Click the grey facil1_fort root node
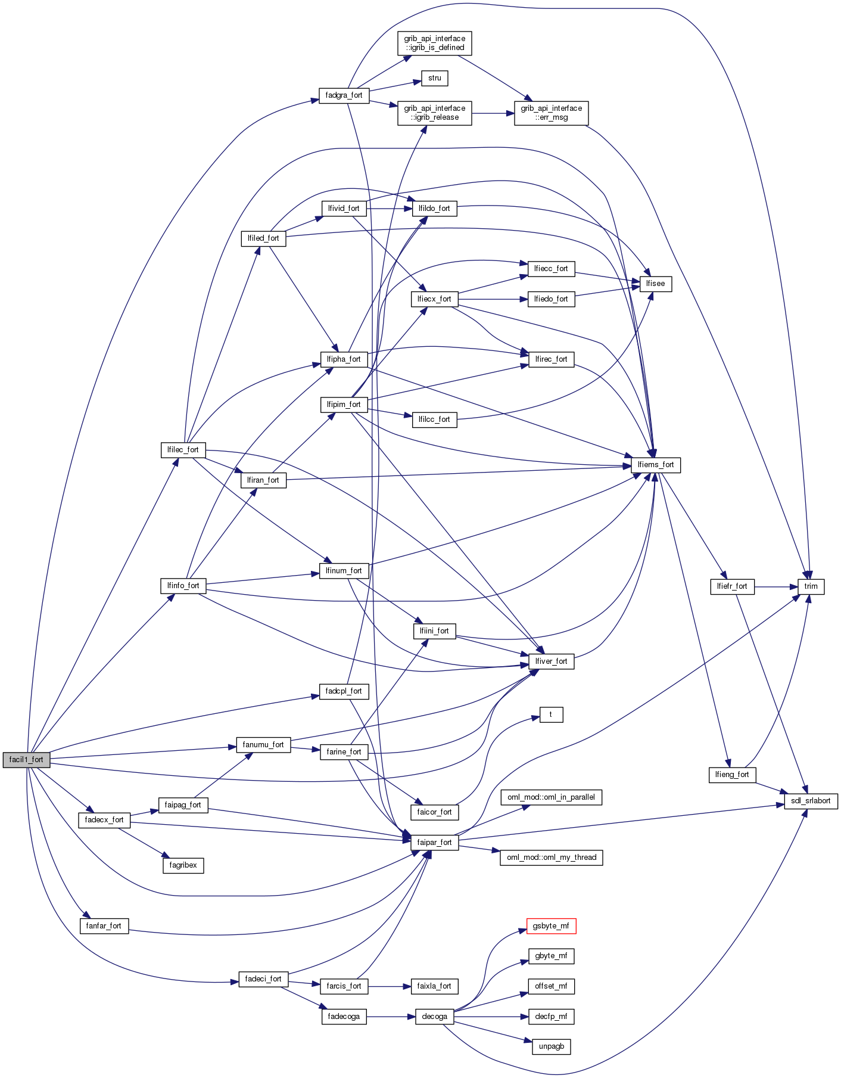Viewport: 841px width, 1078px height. point(26,760)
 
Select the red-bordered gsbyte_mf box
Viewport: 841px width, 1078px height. point(551,926)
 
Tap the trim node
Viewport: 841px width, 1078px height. point(811,586)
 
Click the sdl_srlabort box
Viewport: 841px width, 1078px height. point(811,801)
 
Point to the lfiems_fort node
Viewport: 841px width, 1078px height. point(655,465)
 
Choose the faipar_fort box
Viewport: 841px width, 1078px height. point(435,843)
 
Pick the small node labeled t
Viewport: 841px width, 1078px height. point(551,714)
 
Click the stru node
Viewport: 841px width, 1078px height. point(435,78)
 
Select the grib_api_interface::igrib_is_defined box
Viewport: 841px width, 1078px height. point(435,43)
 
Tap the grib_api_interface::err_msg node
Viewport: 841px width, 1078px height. point(551,113)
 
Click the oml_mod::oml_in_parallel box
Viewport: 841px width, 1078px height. point(551,797)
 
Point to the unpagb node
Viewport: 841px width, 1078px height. point(551,1046)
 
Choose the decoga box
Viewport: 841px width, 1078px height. point(435,1017)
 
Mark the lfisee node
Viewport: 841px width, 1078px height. point(655,284)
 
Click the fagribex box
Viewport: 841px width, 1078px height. point(183,865)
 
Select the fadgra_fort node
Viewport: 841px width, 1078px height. point(344,95)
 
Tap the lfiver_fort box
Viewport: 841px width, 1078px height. point(551,661)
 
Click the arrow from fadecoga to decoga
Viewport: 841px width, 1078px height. point(390,1017)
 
